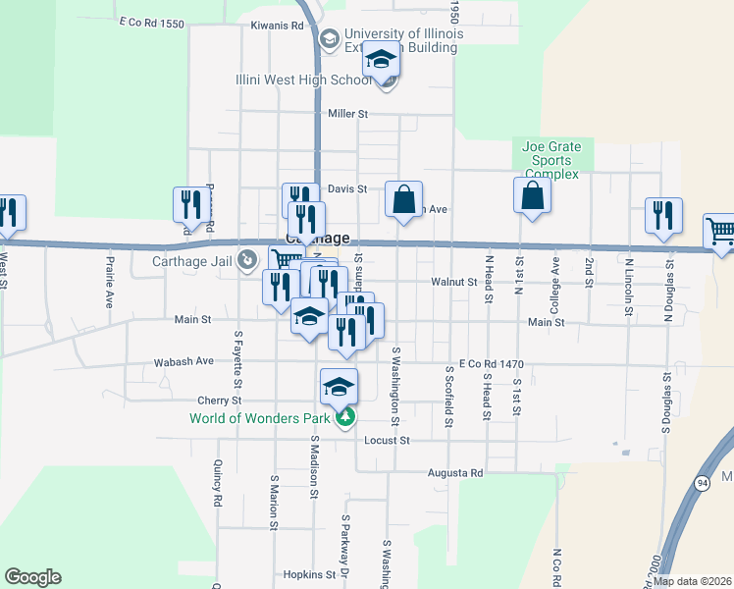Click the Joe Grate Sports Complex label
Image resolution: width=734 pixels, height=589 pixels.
click(x=552, y=161)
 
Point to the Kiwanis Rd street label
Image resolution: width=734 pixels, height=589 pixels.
click(x=278, y=26)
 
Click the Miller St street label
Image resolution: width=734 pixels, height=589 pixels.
click(x=347, y=114)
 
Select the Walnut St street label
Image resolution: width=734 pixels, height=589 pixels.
click(x=452, y=282)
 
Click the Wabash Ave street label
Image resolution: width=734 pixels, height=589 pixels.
click(x=183, y=361)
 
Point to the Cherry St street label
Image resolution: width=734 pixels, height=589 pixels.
click(x=219, y=401)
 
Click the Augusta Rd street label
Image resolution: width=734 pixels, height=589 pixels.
click(x=455, y=473)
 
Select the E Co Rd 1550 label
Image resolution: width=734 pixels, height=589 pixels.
click(x=150, y=22)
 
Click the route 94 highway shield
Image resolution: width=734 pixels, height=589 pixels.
click(x=702, y=483)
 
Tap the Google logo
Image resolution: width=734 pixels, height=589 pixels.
click(x=32, y=577)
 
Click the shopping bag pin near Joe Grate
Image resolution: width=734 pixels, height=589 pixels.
click(x=531, y=194)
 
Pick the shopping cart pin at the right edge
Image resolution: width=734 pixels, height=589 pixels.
click(x=719, y=233)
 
